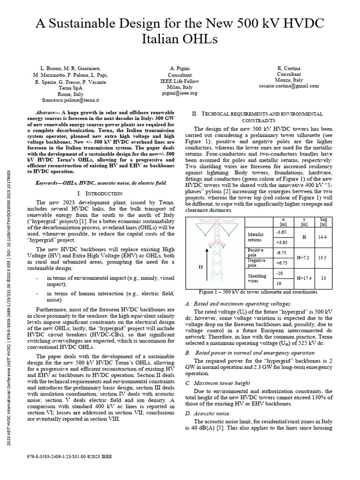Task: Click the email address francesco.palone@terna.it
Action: point(69,100)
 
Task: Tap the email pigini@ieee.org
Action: point(180,93)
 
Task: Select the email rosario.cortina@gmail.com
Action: point(288,86)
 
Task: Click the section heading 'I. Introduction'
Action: point(102,193)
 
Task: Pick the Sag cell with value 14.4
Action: point(322,237)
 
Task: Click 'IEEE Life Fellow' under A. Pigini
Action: point(180,81)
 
